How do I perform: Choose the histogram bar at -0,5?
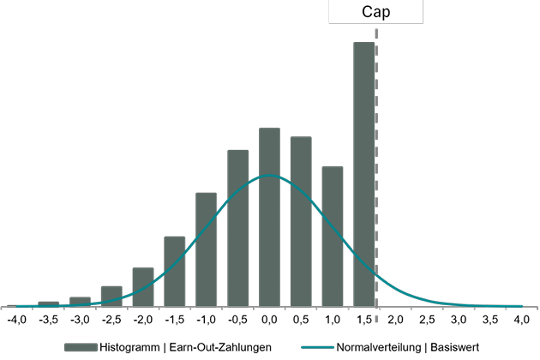pyautogui.click(x=237, y=227)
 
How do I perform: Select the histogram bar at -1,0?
pyautogui.click(x=206, y=249)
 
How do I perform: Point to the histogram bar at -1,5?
pyautogui.click(x=174, y=270)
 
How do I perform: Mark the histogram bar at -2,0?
pyautogui.click(x=143, y=286)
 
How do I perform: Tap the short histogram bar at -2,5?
pyautogui.click(x=111, y=296)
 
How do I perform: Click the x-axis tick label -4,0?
pyautogui.click(x=17, y=320)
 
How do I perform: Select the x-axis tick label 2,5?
pyautogui.click(x=427, y=320)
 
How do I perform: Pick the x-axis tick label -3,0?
pyautogui.click(x=80, y=320)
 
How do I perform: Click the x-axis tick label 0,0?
pyautogui.click(x=269, y=320)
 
